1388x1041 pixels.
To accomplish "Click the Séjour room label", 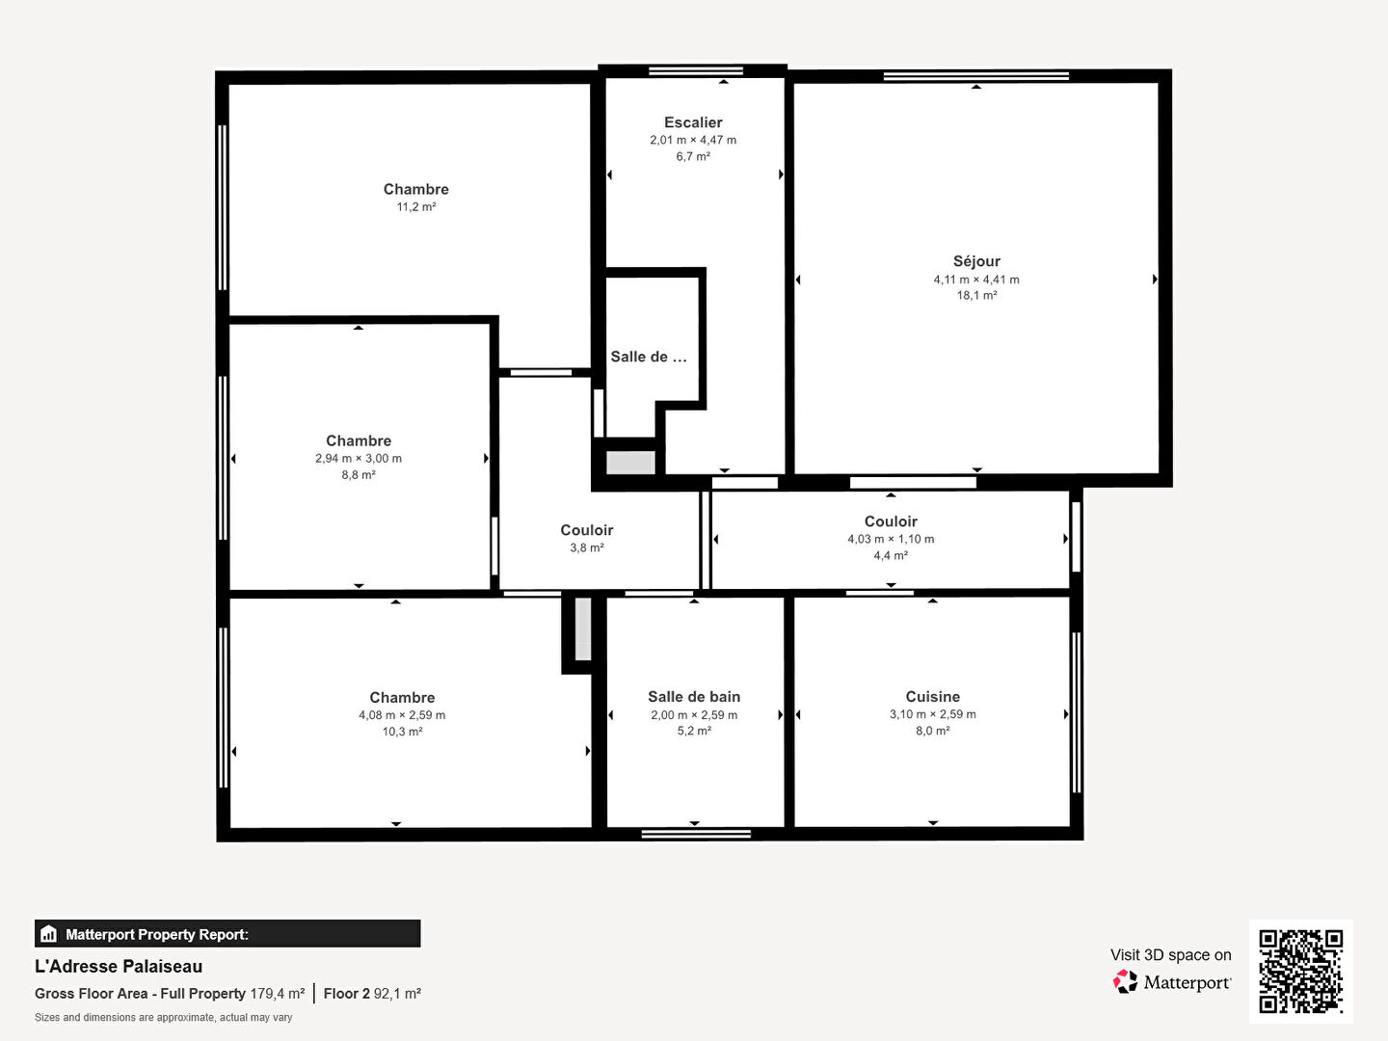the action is pyautogui.click(x=976, y=261).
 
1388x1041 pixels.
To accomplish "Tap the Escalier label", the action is pyautogui.click(x=693, y=122).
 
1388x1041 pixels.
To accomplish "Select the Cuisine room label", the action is pyautogui.click(x=933, y=697).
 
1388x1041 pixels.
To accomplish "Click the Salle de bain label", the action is pyautogui.click(x=694, y=697).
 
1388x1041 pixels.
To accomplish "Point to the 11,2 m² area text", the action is pyautogui.click(x=416, y=206).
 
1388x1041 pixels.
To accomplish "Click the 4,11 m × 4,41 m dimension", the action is pyautogui.click(x=976, y=280).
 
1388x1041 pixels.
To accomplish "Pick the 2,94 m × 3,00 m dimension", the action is pyautogui.click(x=359, y=458).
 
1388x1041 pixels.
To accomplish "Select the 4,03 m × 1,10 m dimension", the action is pyautogui.click(x=891, y=539).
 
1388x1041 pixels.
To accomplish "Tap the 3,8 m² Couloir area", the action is pyautogui.click(x=587, y=548).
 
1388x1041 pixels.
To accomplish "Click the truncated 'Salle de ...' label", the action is pyautogui.click(x=648, y=357).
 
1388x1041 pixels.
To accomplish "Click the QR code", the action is pyautogui.click(x=1300, y=972).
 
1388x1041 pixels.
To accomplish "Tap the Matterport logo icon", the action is pyautogui.click(x=1125, y=981).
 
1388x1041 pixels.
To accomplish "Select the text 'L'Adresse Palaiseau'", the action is pyautogui.click(x=119, y=967).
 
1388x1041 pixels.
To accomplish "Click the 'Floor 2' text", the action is pyautogui.click(x=347, y=994).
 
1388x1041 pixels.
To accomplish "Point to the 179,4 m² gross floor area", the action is pyautogui.click(x=278, y=994).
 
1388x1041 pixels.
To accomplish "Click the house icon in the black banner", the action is pyautogui.click(x=49, y=934).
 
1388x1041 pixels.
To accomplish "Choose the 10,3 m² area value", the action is pyautogui.click(x=402, y=732).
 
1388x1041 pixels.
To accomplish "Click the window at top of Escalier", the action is pyautogui.click(x=696, y=70).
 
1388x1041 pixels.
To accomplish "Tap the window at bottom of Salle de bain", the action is pyautogui.click(x=696, y=835).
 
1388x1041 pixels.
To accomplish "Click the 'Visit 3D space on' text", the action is pyautogui.click(x=1170, y=955).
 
